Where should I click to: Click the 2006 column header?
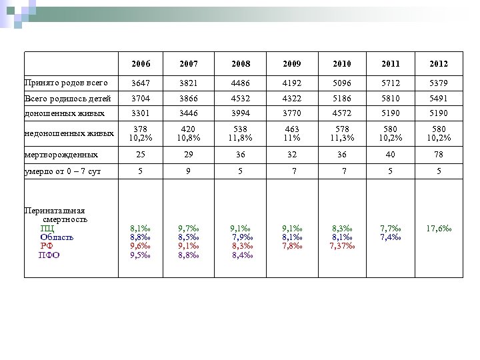click(141, 64)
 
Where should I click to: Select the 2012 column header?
click(438, 64)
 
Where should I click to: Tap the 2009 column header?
click(290, 64)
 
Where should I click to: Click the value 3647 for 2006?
click(140, 83)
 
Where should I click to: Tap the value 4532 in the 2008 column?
click(239, 97)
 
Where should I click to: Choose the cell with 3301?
click(140, 113)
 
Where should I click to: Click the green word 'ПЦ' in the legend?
click(47, 227)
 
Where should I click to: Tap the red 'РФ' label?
click(47, 245)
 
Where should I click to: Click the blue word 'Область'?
click(57, 236)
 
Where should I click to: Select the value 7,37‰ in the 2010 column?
click(341, 245)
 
